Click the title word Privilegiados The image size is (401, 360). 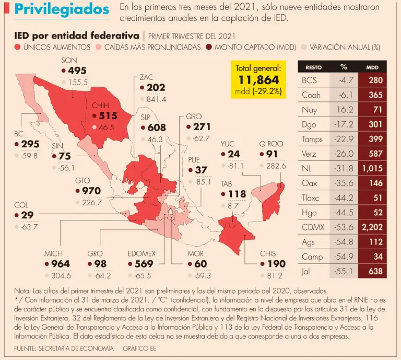pos(62,10)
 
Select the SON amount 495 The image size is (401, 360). pos(77,71)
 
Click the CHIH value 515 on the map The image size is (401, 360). pos(108,115)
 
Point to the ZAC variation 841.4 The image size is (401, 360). pos(157,99)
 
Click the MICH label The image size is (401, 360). pos(54,254)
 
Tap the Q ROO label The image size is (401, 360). pos(271,144)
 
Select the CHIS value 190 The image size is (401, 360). pos(276,264)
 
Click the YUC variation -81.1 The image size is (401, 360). pos(235,166)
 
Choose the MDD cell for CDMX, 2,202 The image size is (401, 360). pos(372,227)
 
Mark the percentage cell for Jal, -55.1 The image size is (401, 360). pos(344,271)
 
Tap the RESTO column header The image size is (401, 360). pos(313,67)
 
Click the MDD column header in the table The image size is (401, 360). pos(372,67)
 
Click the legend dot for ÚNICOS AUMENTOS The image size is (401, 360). pos(17,48)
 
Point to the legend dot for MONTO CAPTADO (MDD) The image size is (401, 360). pos(209,48)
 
